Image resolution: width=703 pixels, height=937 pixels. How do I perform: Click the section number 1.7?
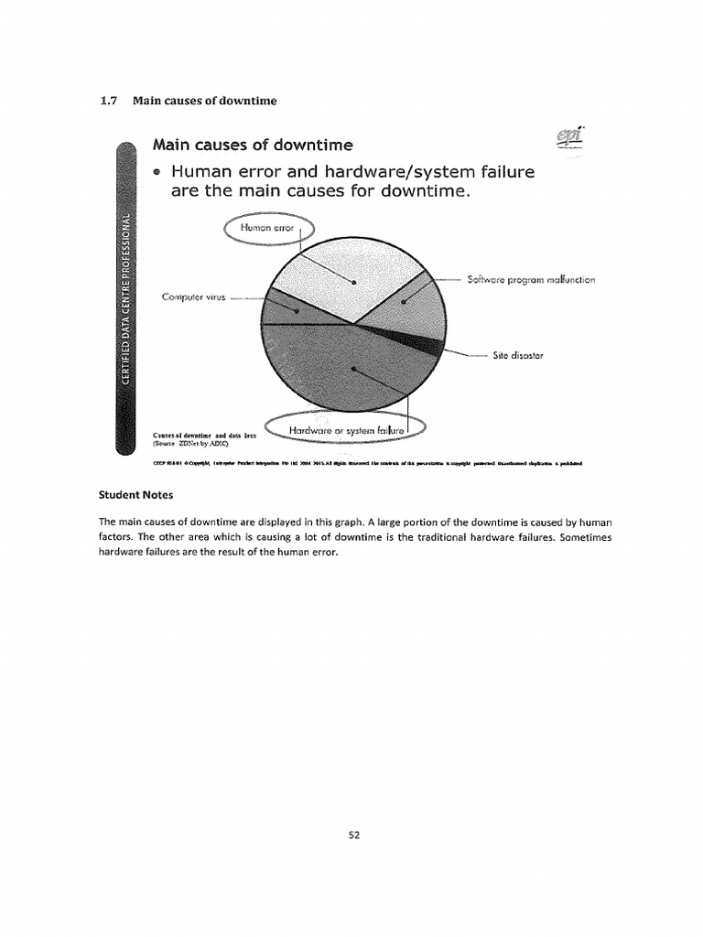click(x=108, y=101)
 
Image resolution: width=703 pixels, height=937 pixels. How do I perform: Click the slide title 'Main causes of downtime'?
click(x=252, y=145)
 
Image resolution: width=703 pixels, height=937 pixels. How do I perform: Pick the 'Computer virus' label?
click(x=193, y=296)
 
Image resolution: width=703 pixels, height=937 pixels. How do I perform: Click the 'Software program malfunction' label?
click(x=531, y=280)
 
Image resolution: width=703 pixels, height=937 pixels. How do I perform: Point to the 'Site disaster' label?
click(x=519, y=356)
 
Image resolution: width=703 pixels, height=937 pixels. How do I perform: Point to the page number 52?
click(x=351, y=834)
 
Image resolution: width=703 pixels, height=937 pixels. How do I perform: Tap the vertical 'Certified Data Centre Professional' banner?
click(x=127, y=302)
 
